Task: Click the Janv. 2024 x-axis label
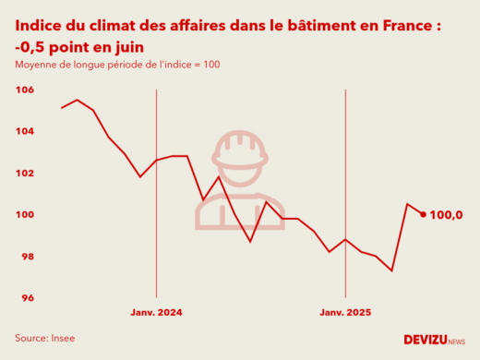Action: tap(156, 313)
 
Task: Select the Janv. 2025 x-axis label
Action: tap(345, 313)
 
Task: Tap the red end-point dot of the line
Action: tap(423, 214)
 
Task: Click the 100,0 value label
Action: tap(447, 215)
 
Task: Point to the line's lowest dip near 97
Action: tap(392, 270)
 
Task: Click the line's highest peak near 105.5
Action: tap(78, 100)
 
